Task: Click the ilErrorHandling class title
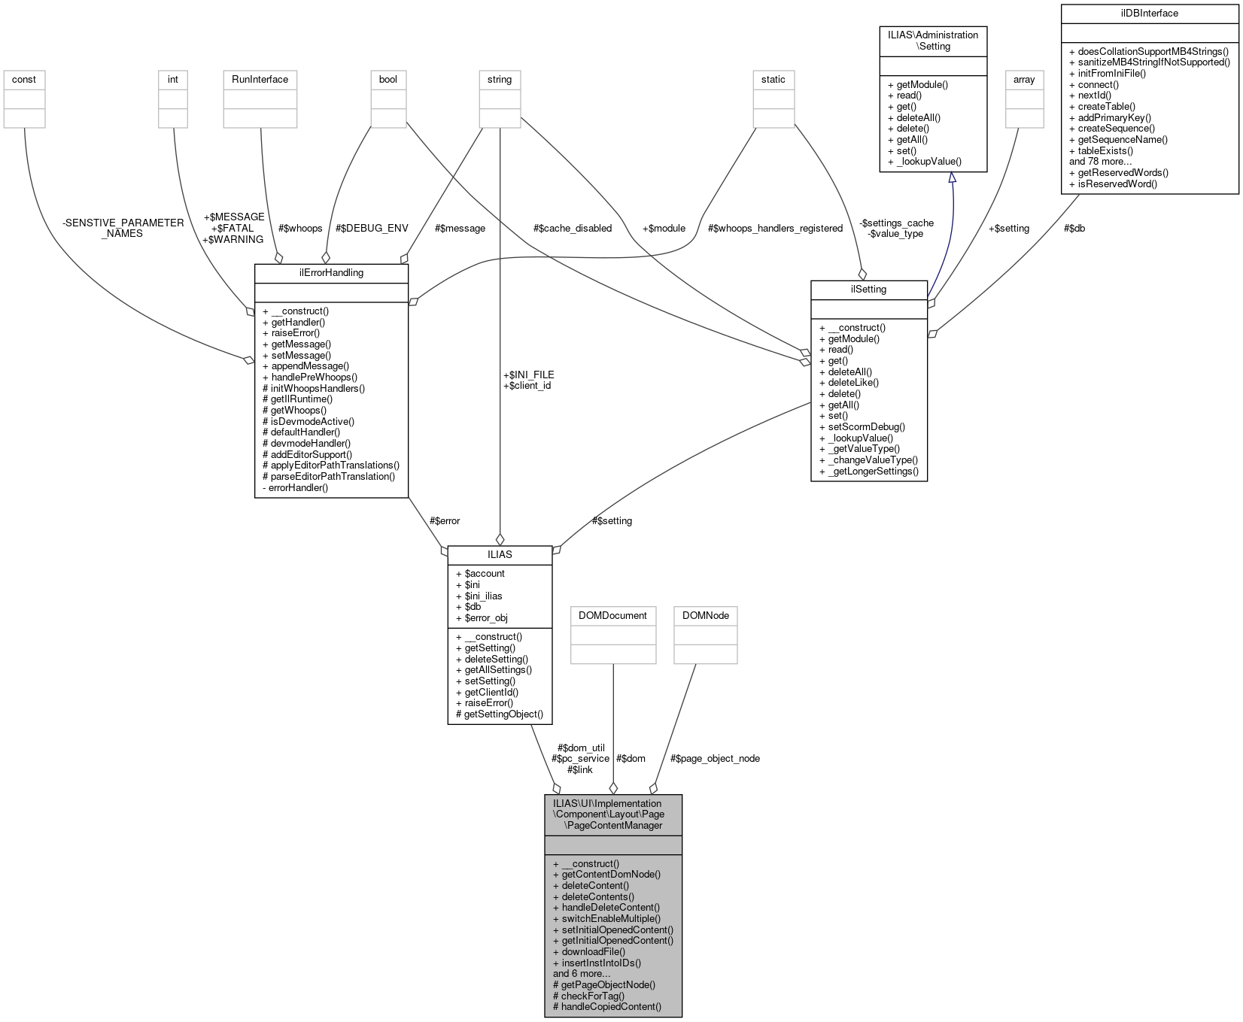(331, 272)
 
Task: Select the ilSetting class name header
(868, 289)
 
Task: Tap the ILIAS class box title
(500, 554)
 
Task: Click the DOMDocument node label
(612, 615)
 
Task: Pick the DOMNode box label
(705, 615)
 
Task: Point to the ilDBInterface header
(1149, 13)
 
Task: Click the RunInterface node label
(260, 79)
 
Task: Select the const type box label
(24, 79)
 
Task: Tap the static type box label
(773, 79)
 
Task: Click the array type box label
(1024, 79)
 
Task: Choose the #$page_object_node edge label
(715, 758)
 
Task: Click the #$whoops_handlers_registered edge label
(775, 228)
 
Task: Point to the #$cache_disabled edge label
(572, 228)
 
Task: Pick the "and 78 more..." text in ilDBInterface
(1100, 161)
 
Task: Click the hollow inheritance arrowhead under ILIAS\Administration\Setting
(952, 178)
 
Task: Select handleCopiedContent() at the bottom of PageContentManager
(610, 1006)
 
